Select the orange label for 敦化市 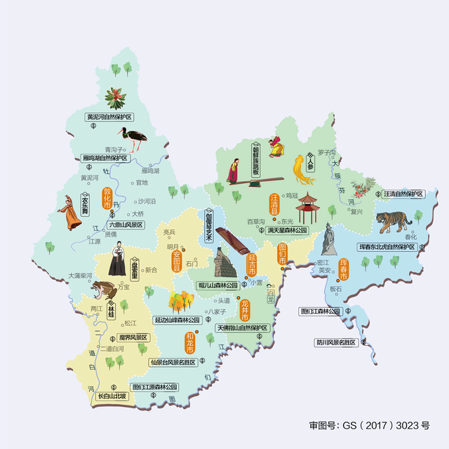coord(107,199)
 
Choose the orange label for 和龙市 coord(189,342)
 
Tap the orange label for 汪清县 coord(275,204)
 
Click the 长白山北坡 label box coord(112,396)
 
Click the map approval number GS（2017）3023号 coord(368,425)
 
